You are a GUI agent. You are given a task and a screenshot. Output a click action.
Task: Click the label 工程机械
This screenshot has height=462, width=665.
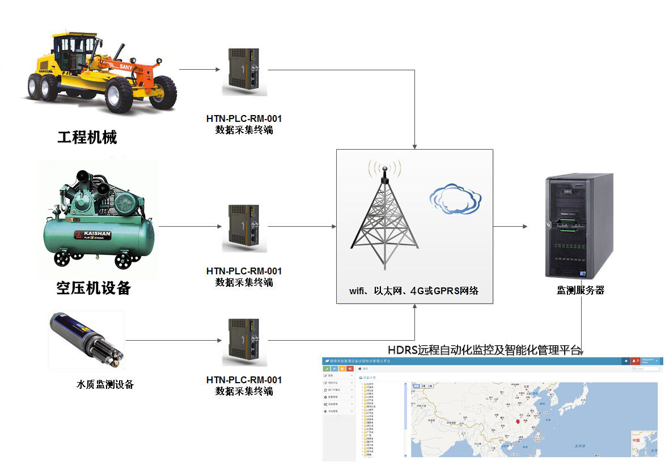87,137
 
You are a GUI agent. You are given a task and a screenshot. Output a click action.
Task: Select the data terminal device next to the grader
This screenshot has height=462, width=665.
244,72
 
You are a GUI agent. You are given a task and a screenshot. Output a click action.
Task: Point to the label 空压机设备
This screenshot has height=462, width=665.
94,288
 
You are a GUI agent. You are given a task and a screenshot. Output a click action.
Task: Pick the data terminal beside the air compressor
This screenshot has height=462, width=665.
244,228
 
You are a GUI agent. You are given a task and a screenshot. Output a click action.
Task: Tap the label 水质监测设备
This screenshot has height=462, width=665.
105,384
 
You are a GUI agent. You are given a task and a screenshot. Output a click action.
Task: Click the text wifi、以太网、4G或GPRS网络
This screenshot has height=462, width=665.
414,291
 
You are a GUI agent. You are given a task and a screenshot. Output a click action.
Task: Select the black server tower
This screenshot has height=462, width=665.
578,226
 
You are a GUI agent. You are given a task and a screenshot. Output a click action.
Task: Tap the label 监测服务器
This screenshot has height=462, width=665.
581,290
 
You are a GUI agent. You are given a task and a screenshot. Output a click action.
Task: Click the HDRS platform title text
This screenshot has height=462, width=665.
485,350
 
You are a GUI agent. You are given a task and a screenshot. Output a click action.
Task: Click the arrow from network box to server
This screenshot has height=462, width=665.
510,226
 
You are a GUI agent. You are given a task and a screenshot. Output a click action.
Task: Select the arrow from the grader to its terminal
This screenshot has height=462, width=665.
199,70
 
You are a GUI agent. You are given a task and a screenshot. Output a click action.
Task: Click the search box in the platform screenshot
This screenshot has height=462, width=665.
646,368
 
